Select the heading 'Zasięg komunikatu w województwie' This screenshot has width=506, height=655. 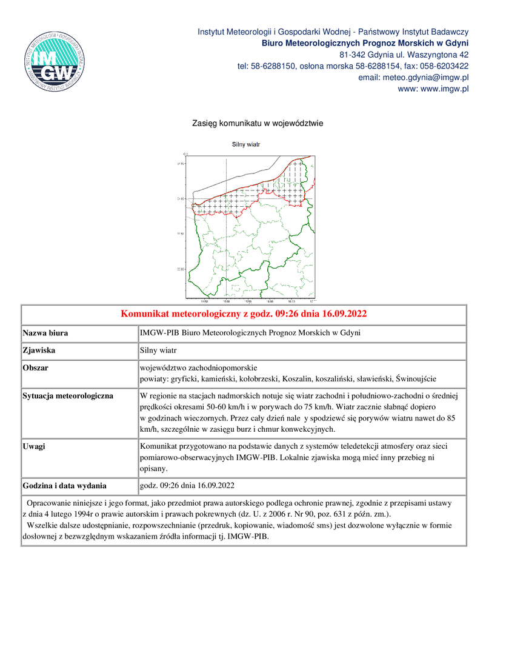coord(258,123)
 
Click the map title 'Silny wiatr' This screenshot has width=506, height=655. coord(246,145)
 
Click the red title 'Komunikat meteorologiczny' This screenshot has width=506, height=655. coord(244,314)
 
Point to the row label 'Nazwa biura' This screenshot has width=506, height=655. coord(45,333)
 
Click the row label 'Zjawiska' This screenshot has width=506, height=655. coord(40,350)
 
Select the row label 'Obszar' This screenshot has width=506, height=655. coord(36,368)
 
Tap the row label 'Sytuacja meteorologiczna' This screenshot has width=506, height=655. coord(68,396)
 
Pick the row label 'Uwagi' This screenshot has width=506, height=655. coord(34,446)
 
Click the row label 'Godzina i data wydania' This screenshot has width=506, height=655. coord(64,486)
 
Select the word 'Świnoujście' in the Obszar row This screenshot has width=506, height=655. coord(416,378)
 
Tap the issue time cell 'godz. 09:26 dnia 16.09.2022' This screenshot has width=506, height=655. coord(187,486)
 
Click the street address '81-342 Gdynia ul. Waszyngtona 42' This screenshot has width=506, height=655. coord(404,55)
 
